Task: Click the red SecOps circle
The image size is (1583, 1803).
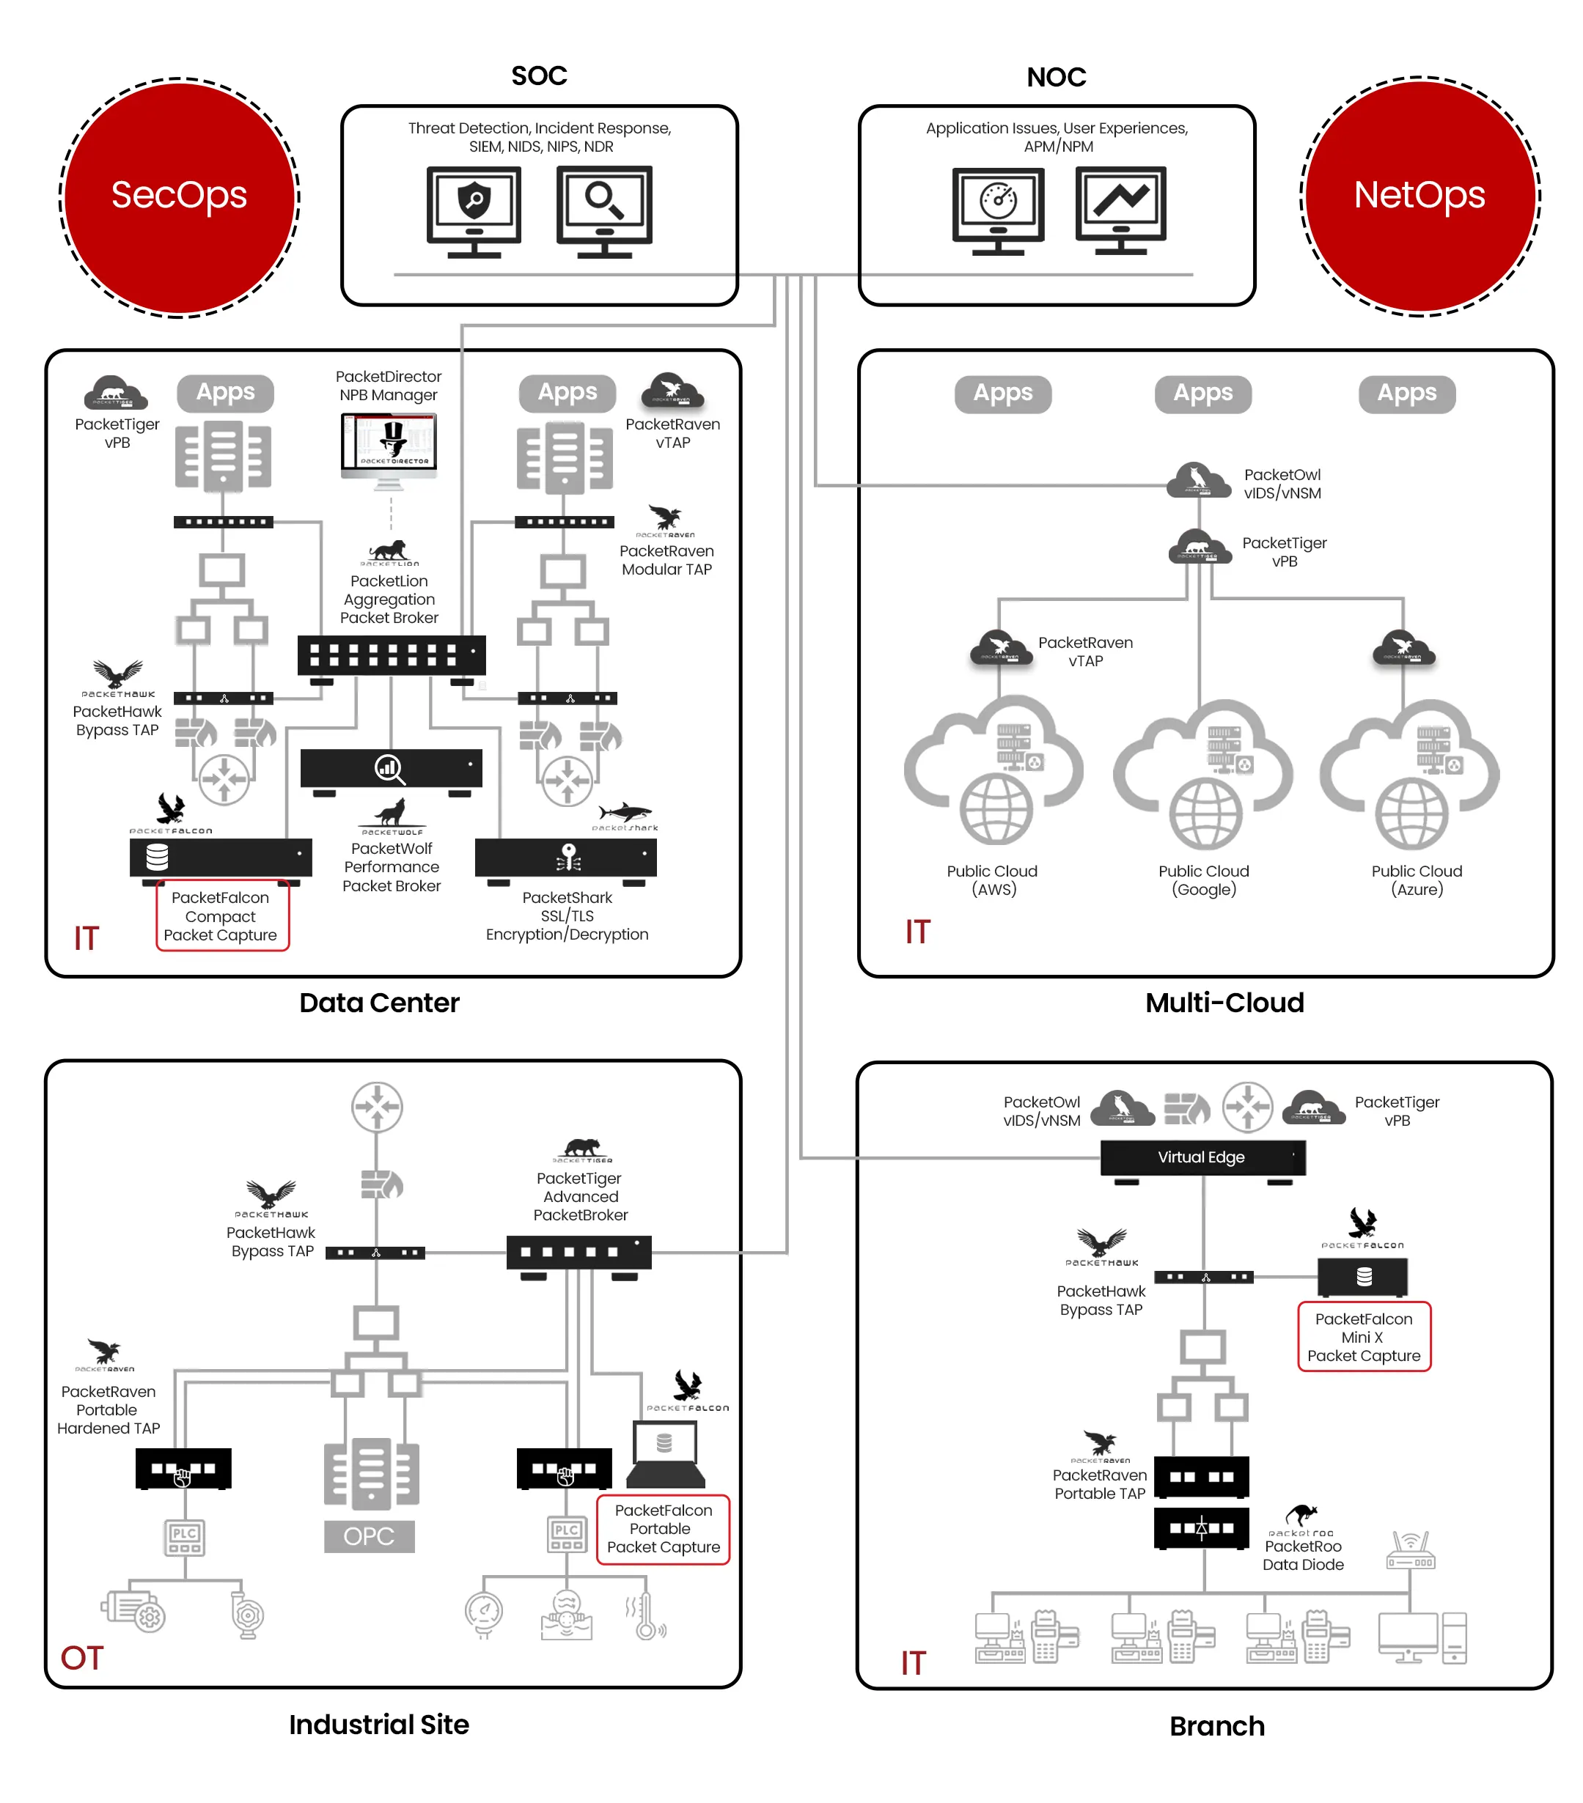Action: pos(178,196)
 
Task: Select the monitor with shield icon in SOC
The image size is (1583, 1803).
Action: pos(473,210)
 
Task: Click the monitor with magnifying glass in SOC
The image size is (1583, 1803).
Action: pos(603,210)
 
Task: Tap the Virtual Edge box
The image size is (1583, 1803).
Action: pos(1201,1157)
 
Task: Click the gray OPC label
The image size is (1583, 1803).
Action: pos(369,1535)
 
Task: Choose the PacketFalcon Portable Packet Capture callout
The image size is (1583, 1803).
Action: pos(663,1529)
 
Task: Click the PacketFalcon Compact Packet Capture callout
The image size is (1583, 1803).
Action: pos(221,915)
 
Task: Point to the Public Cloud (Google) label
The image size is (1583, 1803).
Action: pos(1204,880)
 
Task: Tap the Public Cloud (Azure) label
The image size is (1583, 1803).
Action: pos(1417,880)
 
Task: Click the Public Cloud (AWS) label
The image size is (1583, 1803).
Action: pos(992,880)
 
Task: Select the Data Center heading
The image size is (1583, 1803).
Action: pos(378,1002)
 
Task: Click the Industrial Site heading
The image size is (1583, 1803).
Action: pos(378,1724)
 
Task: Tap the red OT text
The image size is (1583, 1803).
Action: pos(81,1657)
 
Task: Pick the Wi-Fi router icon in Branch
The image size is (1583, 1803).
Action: pos(1410,1550)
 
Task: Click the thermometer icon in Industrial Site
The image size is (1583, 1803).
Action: pos(646,1617)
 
